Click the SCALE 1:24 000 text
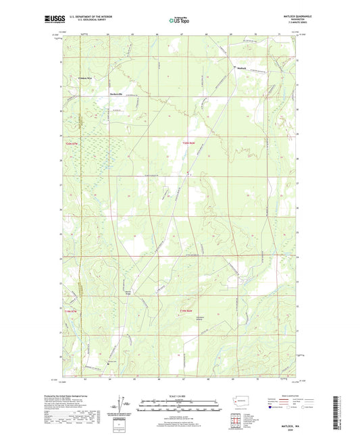point(179,396)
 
